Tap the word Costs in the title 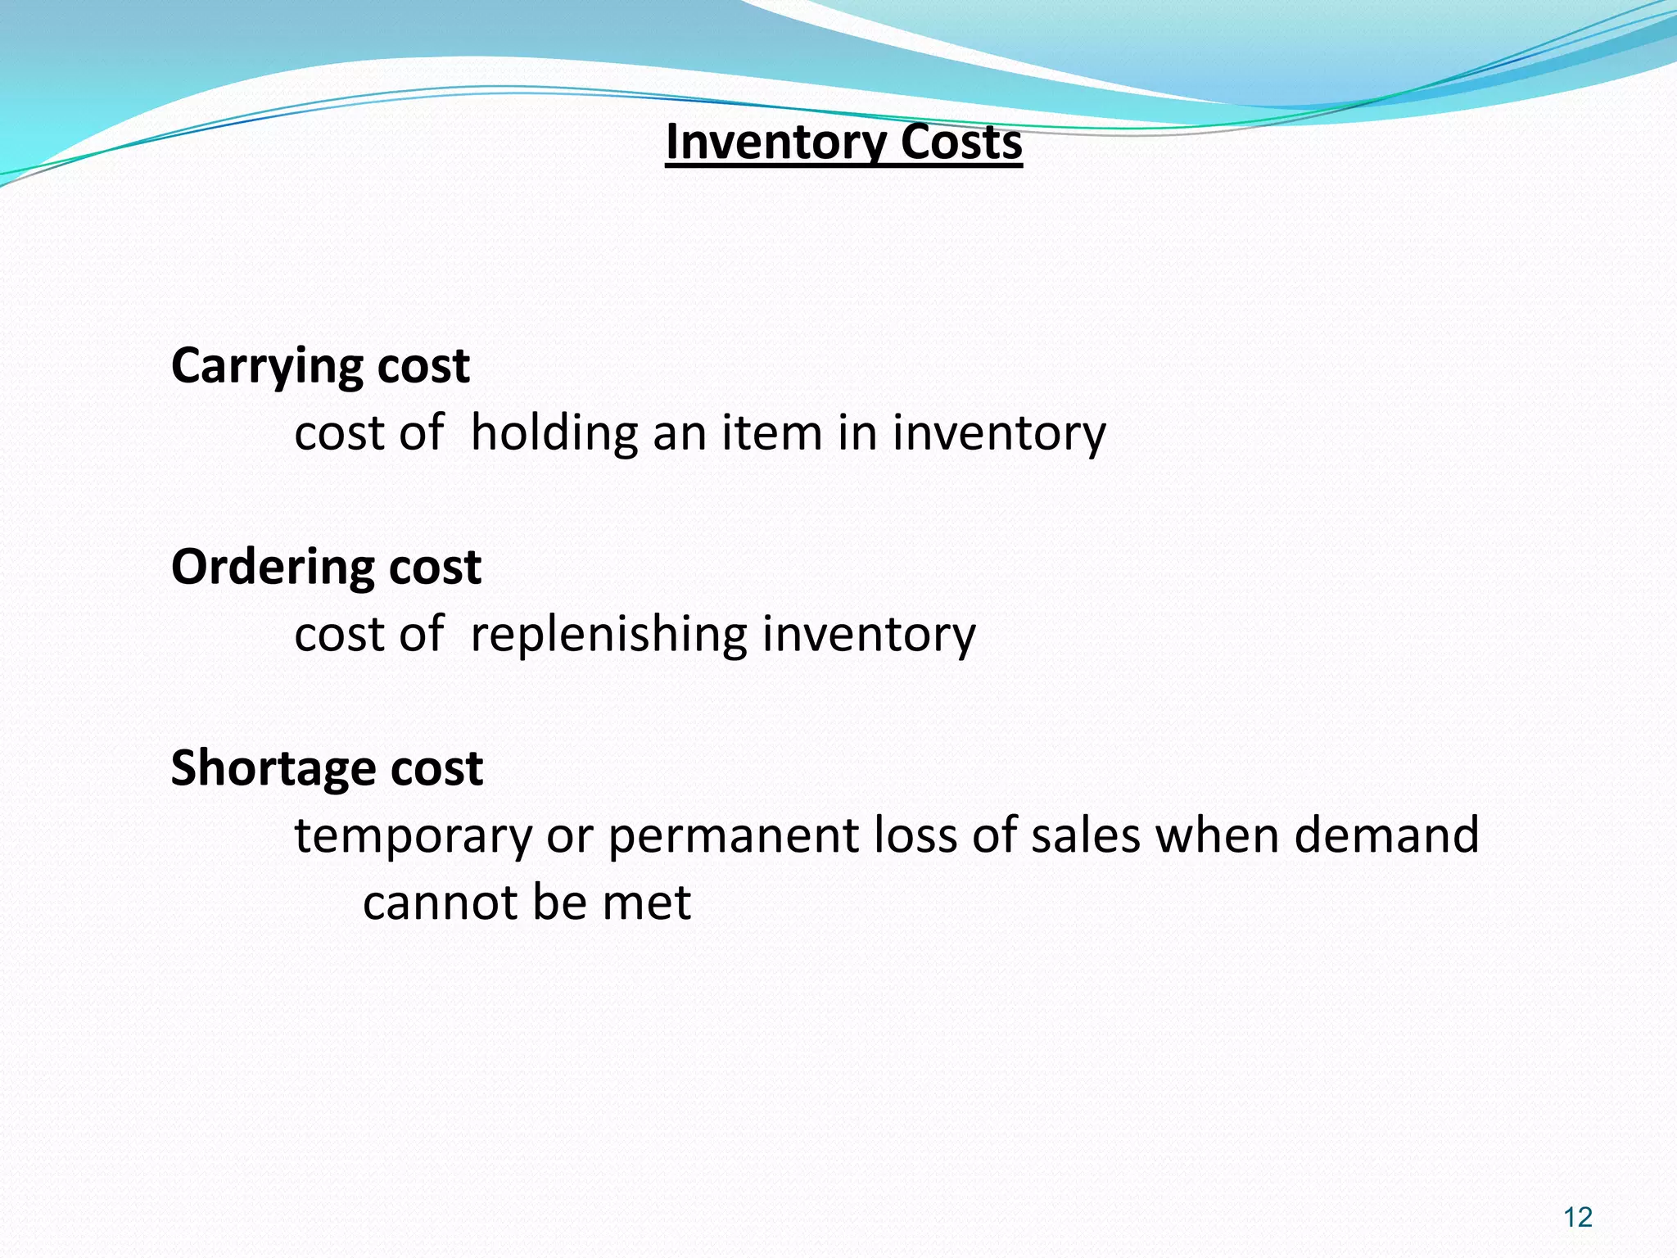pyautogui.click(x=961, y=143)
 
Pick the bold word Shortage pyautogui.click(x=272, y=768)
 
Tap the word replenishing pyautogui.click(x=608, y=634)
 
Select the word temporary pyautogui.click(x=413, y=837)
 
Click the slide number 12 pyautogui.click(x=1577, y=1218)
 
